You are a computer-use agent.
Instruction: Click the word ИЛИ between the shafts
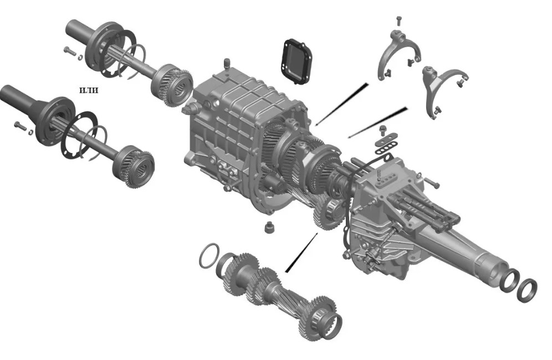click(x=88, y=90)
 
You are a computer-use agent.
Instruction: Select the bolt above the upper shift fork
click(x=398, y=21)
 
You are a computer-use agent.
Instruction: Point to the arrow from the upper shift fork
click(x=342, y=104)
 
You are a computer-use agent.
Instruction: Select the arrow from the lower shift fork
click(x=378, y=123)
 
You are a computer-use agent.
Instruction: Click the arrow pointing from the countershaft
click(x=301, y=252)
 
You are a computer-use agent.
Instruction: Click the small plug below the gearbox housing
click(x=269, y=227)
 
